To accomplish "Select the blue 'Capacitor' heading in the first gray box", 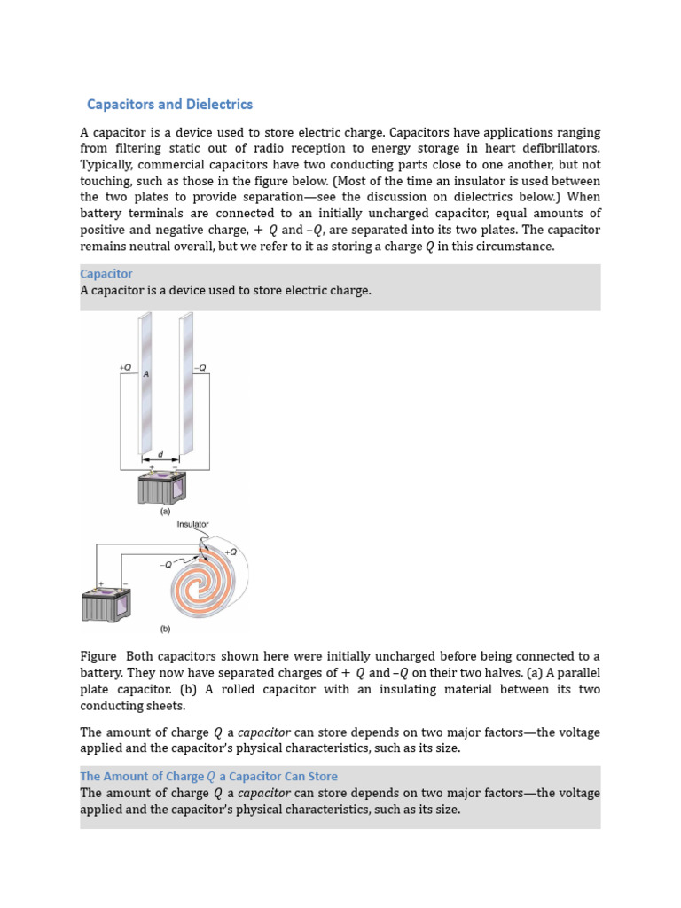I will pos(106,274).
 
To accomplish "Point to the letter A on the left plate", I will pos(146,374).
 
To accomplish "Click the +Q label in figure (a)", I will pos(125,367).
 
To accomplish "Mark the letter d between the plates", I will pos(160,454).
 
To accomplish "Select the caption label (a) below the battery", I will pos(165,512).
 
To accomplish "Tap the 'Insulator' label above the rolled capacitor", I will pos(193,524).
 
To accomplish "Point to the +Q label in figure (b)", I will pos(231,552).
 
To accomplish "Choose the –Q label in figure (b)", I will pos(166,564).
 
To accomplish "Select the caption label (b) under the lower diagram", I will pos(165,630).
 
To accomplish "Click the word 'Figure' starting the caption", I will pos(98,656).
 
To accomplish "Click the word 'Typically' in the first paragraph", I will pos(106,165).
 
